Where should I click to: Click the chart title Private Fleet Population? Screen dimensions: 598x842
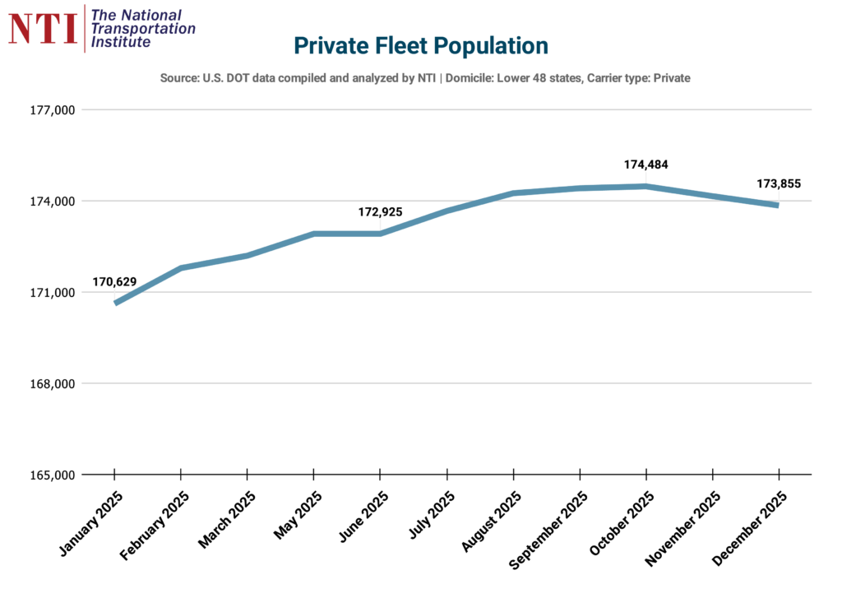(x=420, y=46)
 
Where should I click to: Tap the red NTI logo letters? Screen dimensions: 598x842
(x=42, y=27)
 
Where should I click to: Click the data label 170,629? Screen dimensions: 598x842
(x=114, y=282)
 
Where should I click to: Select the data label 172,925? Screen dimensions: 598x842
(x=380, y=212)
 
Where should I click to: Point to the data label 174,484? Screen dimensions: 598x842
(x=645, y=165)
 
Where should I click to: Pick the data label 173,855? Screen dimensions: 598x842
(x=778, y=183)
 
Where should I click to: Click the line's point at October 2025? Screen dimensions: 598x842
(x=645, y=186)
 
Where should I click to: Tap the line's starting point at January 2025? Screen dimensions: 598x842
(x=116, y=303)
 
